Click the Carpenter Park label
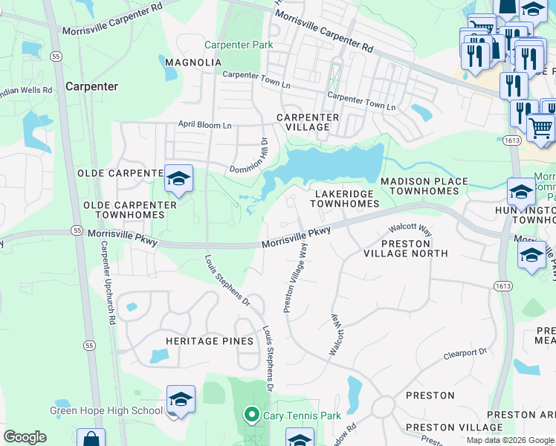pyautogui.click(x=239, y=45)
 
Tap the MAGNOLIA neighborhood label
pyautogui.click(x=193, y=62)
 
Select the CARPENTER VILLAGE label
pyautogui.click(x=308, y=123)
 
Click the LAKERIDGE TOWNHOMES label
pyautogui.click(x=346, y=198)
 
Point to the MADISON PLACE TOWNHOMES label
pyautogui.click(x=424, y=187)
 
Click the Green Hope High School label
pyautogui.click(x=106, y=410)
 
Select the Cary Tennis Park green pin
pyautogui.click(x=252, y=414)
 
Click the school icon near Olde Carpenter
pyautogui.click(x=178, y=179)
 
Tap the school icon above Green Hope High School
pyautogui.click(x=181, y=400)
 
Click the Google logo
pyautogui.click(x=25, y=437)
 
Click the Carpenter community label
pyautogui.click(x=91, y=86)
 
